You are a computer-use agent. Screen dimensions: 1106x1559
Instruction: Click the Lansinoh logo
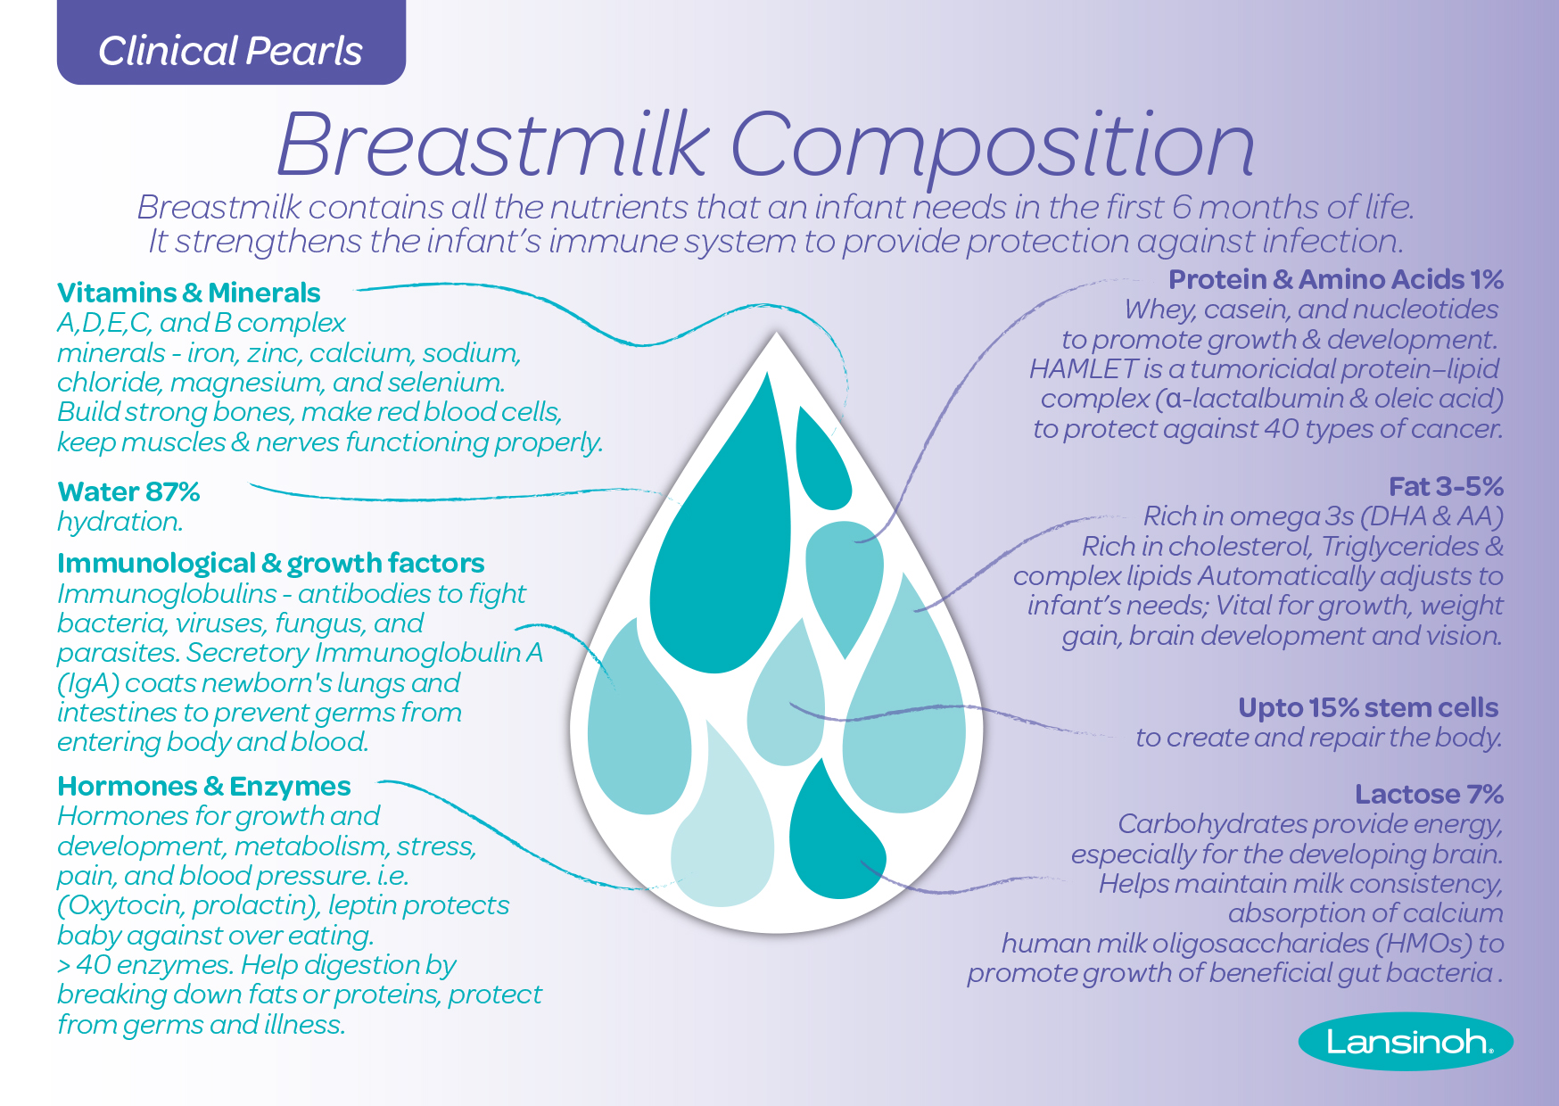tap(1406, 1041)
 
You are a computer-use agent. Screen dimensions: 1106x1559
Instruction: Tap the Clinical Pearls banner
tap(231, 50)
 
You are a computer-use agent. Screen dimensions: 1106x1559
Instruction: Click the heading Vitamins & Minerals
tap(188, 293)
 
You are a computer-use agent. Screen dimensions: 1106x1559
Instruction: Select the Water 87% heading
tap(128, 491)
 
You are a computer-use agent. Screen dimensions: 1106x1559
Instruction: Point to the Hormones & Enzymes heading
tap(203, 786)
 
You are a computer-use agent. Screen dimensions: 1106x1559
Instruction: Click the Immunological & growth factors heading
tap(270, 563)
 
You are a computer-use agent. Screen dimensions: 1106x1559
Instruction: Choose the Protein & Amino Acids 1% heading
tap(1335, 279)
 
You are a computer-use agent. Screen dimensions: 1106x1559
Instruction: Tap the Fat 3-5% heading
tap(1446, 486)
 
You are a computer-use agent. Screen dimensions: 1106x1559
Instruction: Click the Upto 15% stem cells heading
tap(1367, 707)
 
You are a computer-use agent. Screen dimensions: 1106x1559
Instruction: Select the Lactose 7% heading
tap(1429, 794)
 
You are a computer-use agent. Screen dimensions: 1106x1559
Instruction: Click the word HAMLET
tap(1083, 368)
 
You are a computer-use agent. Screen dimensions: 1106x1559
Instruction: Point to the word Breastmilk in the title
tap(493, 144)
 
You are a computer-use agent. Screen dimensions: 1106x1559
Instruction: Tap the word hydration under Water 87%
tap(120, 522)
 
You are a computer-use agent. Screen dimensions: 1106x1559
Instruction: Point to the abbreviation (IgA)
tap(87, 683)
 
